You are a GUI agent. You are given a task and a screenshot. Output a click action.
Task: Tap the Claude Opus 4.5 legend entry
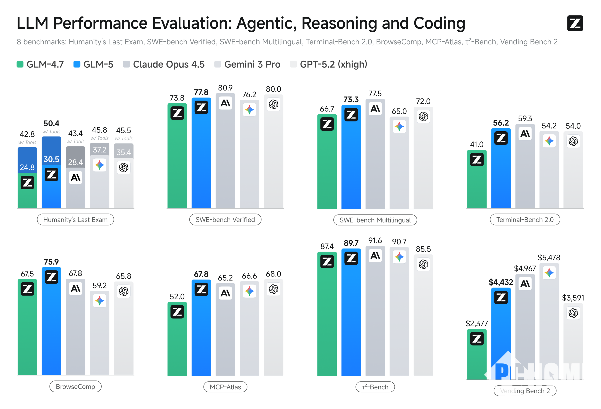point(164,64)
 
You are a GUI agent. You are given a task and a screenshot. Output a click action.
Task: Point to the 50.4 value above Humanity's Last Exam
point(51,123)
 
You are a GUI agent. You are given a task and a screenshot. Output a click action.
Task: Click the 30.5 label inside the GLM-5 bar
point(51,159)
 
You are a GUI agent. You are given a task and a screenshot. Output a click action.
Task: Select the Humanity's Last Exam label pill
point(75,219)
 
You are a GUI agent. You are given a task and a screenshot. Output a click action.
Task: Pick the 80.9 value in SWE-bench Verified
point(225,88)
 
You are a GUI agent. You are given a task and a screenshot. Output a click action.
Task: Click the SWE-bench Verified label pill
point(225,219)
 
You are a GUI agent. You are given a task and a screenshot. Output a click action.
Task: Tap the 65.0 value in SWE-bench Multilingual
point(399,111)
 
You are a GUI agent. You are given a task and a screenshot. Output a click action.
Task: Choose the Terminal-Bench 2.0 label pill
point(525,219)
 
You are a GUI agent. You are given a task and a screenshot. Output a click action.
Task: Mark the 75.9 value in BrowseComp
point(51,261)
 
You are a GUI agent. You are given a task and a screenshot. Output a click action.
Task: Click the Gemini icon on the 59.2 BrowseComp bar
point(100,301)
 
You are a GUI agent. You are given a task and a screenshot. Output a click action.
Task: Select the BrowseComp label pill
point(75,386)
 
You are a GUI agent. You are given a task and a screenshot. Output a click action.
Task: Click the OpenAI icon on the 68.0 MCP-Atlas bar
point(273,289)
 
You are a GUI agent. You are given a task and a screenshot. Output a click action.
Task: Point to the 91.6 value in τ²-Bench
point(375,241)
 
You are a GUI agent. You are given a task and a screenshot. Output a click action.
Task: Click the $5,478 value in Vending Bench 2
point(549,257)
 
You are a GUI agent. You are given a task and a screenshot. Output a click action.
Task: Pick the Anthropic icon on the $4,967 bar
point(525,284)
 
